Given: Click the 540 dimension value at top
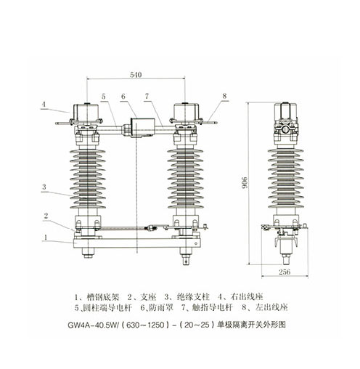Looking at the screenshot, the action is point(136,75).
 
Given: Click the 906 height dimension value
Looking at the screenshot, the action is point(245,183).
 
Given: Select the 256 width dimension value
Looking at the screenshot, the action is point(285,272).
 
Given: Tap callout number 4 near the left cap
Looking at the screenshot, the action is point(44,105).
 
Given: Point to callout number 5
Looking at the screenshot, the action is point(104,97).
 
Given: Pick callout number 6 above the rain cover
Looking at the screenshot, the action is point(123,97).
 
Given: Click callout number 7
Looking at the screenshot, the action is point(147,97).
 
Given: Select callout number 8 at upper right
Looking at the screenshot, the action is point(224,96).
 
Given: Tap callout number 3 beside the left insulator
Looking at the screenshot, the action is point(44,187).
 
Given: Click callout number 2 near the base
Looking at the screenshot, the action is point(46,216).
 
